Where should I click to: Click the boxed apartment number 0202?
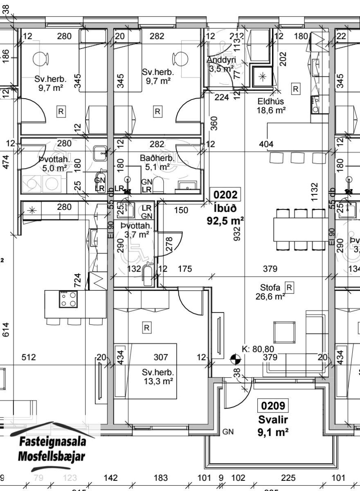(225, 194)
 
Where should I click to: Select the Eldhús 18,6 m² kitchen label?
(271, 106)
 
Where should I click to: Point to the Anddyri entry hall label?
(221, 64)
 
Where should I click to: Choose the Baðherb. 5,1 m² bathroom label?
(157, 162)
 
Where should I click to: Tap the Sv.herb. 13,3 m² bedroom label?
(158, 377)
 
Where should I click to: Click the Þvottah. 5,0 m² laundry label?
(53, 163)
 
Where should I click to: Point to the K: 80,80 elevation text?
(258, 349)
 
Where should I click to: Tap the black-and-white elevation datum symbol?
(235, 360)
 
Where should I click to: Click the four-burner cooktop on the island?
(68, 299)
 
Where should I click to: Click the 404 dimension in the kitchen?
(266, 144)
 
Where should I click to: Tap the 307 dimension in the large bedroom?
(161, 357)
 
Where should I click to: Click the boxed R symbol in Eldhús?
(295, 88)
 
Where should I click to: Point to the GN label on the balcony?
(228, 432)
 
